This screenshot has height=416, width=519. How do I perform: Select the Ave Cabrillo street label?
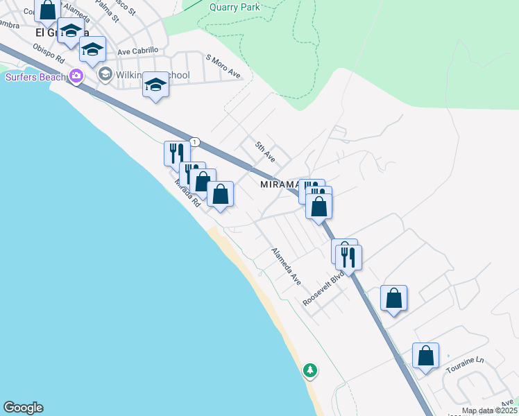coord(138,51)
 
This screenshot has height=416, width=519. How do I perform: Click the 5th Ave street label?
coord(265,152)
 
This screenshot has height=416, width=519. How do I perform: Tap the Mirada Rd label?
coord(187,193)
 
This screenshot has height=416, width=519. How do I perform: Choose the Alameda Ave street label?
coord(286,266)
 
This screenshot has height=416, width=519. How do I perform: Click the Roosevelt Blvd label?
coord(324,288)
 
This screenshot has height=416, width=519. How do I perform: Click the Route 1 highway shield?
coord(196,141)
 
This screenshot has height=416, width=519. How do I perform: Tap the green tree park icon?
coord(310,371)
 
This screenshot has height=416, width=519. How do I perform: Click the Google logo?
coord(23,408)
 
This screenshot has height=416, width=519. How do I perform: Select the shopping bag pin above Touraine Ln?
coord(425,356)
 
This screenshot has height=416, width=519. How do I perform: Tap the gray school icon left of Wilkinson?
coord(105,74)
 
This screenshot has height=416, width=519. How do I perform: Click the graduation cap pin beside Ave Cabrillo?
coord(92,49)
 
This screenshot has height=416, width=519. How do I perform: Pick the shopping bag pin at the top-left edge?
coord(48,10)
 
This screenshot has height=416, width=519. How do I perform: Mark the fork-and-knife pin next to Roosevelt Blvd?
coord(349,257)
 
